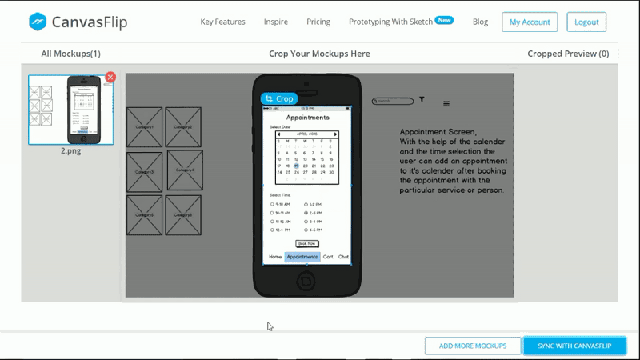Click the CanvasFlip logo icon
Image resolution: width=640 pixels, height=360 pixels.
coord(38,22)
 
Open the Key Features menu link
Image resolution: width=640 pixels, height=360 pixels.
coord(222,22)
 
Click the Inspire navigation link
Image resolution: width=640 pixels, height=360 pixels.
coord(275,22)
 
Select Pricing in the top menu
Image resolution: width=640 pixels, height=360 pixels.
coord(318,22)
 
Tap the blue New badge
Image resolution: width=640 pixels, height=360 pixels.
coord(444,20)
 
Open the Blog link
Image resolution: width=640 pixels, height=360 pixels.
coord(480,22)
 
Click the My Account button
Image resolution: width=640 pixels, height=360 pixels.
coord(530,22)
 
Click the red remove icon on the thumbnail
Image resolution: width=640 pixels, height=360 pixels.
coord(110,77)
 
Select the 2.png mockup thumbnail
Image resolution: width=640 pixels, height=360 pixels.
coord(70,110)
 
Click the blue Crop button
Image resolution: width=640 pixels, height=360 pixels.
coord(279,98)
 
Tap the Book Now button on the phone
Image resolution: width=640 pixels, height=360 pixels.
coord(307,243)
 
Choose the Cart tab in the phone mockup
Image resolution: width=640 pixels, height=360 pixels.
coord(328,257)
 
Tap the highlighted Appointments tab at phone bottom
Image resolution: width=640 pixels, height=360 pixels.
coord(302,257)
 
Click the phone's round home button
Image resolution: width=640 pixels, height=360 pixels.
coord(306,281)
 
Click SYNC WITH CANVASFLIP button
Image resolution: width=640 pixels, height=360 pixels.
coord(574,346)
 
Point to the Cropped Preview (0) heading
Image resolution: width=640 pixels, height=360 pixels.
coord(568,54)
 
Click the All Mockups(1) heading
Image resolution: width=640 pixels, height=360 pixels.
coord(70,54)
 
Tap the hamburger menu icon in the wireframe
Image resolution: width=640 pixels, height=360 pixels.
coord(446,104)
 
